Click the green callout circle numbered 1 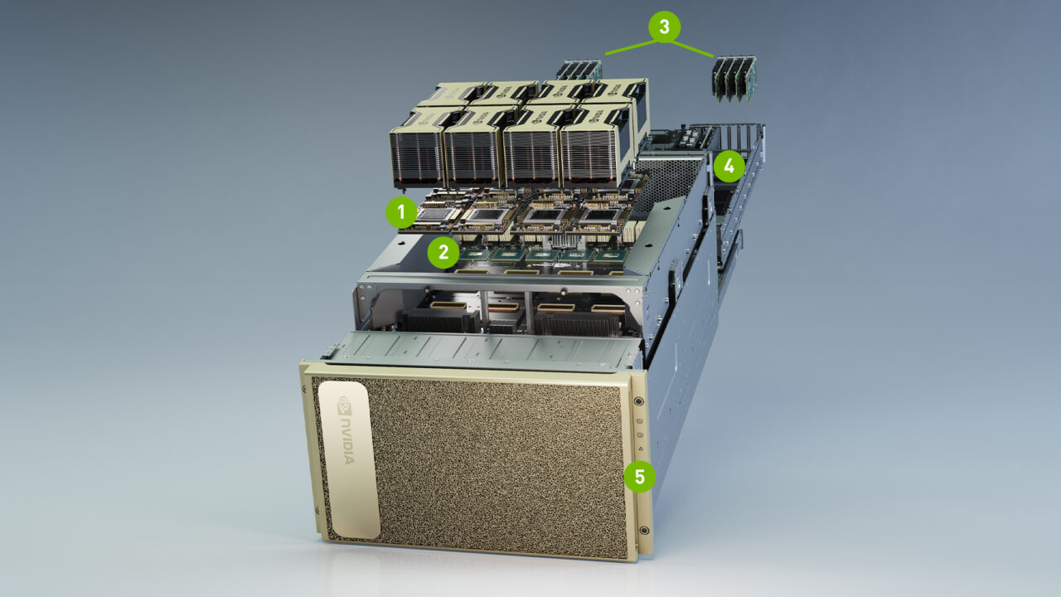[x=402, y=213]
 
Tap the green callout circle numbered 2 [x=444, y=251]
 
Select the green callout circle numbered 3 [x=664, y=27]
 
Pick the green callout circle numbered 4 [x=729, y=167]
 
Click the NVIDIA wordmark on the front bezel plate [x=347, y=439]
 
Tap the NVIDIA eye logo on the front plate [x=345, y=407]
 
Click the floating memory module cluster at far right [x=734, y=79]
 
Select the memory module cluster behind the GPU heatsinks [x=579, y=70]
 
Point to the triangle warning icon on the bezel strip [x=641, y=449]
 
